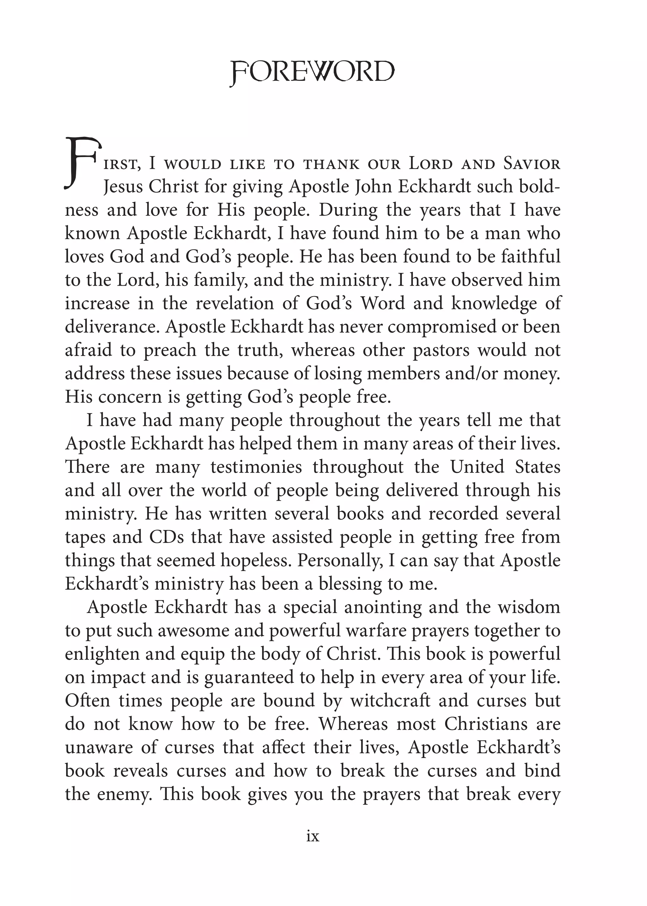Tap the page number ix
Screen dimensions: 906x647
313,836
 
